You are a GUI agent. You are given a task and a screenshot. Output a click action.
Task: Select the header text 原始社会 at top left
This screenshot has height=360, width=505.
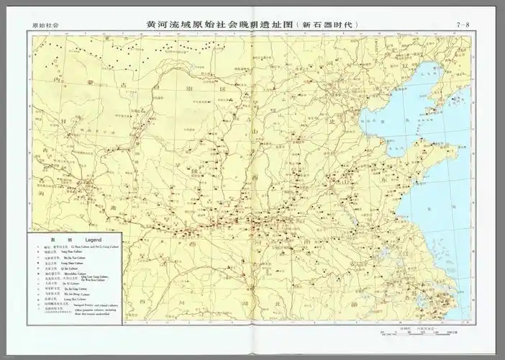click(x=45, y=26)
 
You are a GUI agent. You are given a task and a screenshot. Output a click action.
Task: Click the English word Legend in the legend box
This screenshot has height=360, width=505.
click(x=94, y=239)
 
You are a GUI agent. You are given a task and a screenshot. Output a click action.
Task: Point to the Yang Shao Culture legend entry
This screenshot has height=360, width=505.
click(x=73, y=252)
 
